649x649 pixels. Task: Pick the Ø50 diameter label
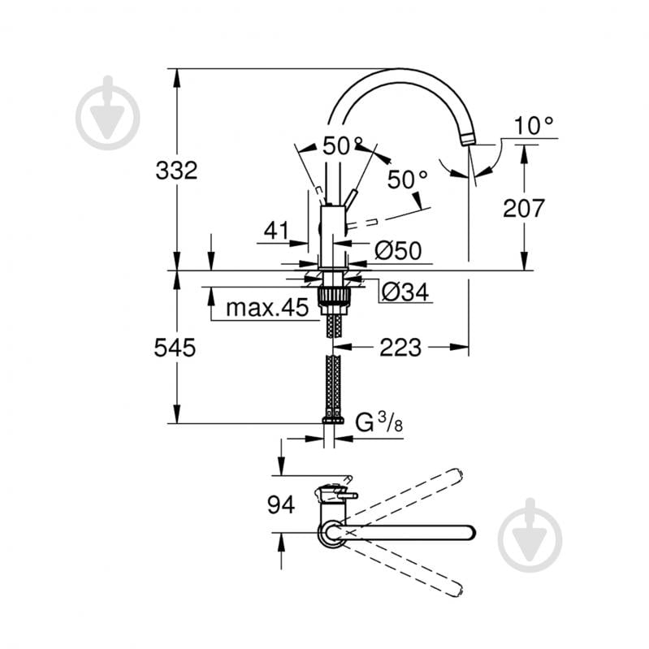point(398,251)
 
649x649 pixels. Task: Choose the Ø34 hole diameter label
point(404,291)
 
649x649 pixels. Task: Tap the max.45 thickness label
point(267,308)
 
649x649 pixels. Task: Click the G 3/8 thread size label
point(379,422)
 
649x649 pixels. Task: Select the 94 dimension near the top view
point(281,506)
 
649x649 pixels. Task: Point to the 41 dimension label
point(276,231)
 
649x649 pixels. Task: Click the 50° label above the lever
point(340,146)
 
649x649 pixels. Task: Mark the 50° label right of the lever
point(407,180)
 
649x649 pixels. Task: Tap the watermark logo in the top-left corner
point(108,114)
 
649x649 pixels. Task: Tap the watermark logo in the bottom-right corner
point(530,535)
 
